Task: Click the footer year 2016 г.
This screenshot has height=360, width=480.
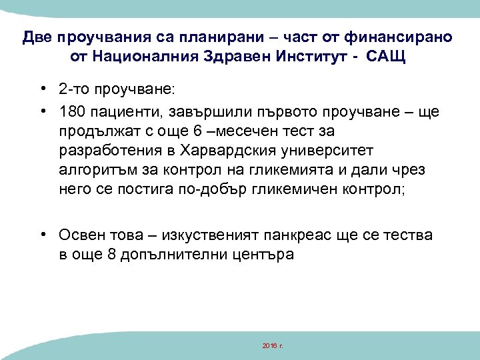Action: coord(273,347)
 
